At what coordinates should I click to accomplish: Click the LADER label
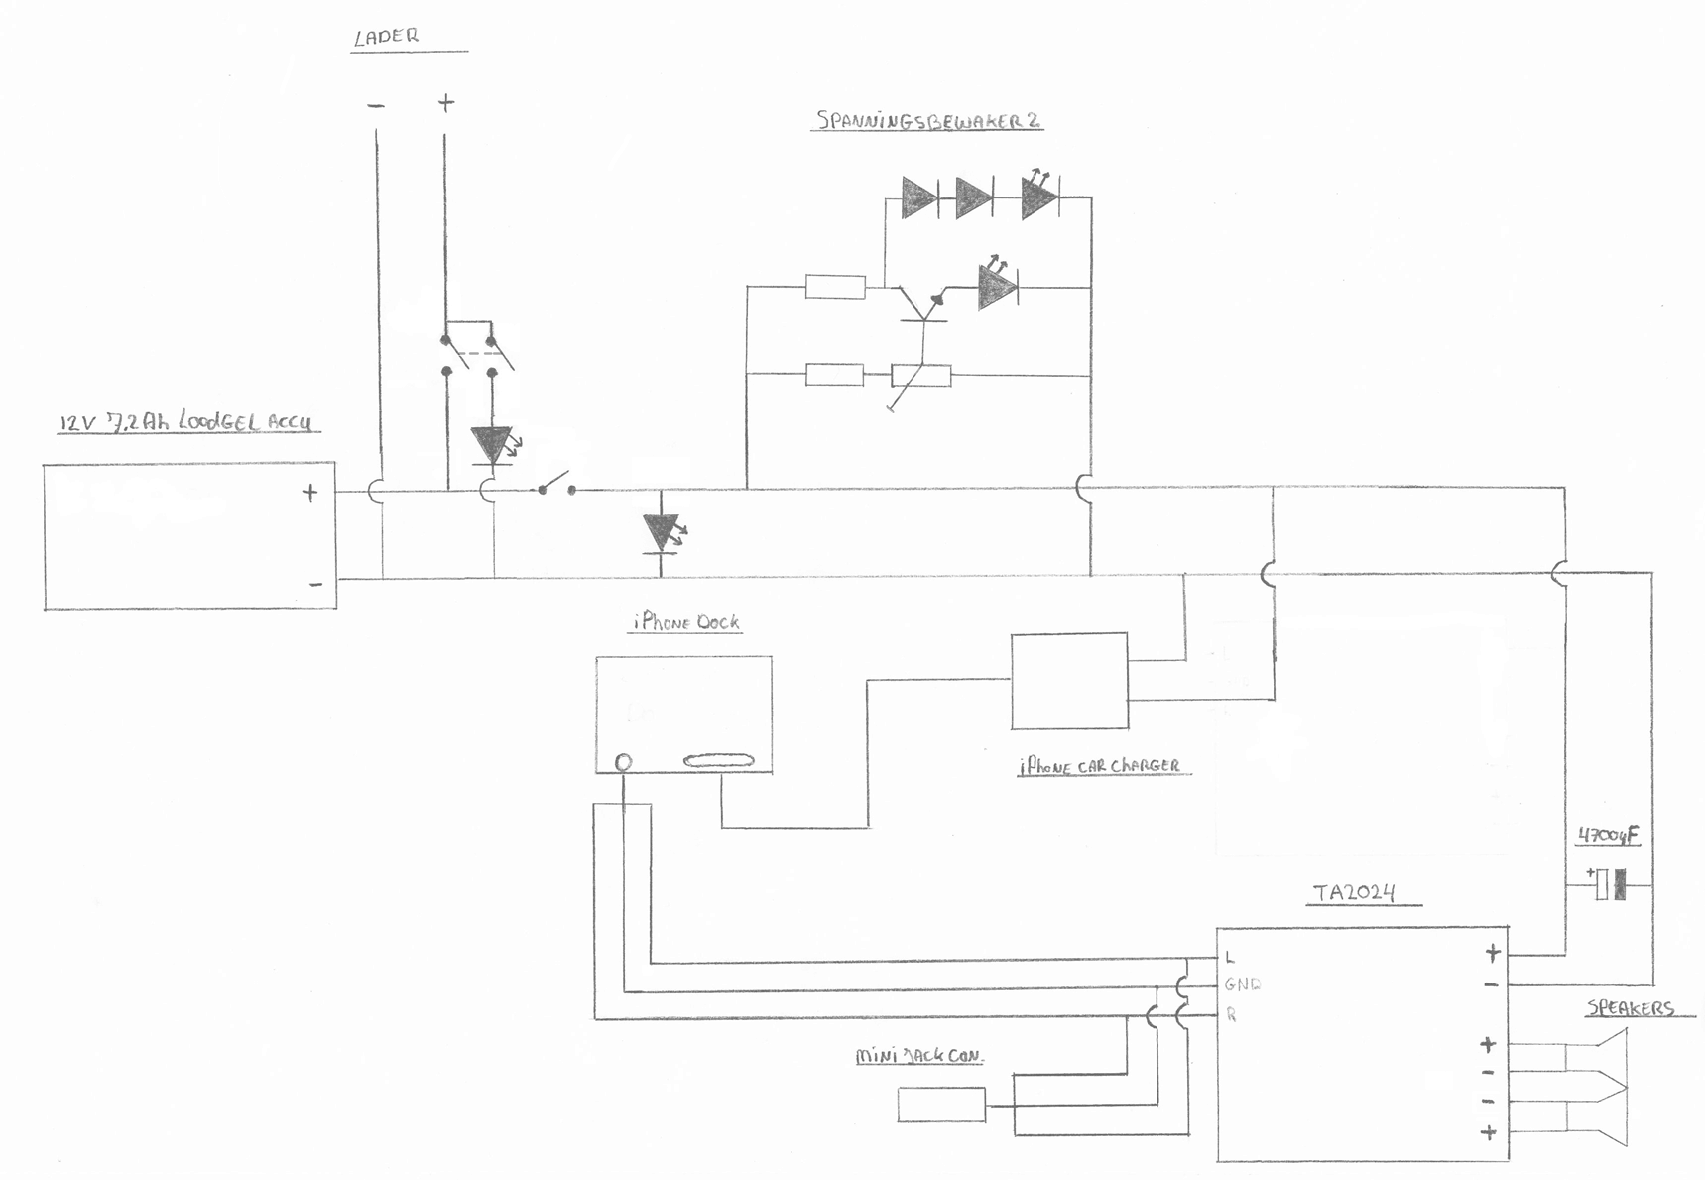pos(387,37)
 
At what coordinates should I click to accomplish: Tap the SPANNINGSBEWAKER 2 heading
pos(928,121)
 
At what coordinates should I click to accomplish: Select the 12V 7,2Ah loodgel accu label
pos(185,422)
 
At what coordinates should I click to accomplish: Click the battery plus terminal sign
pos(310,492)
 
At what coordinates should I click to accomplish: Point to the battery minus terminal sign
pos(315,584)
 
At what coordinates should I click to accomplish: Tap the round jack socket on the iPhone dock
pos(623,762)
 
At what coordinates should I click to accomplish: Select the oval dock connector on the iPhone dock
pos(719,761)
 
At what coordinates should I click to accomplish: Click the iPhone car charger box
pos(1069,682)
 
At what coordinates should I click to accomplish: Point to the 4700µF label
pos(1608,836)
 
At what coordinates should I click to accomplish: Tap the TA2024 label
pos(1355,892)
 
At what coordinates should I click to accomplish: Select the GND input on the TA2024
pos(1242,984)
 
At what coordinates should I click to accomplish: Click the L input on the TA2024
pos(1230,958)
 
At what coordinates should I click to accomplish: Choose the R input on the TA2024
pos(1231,1014)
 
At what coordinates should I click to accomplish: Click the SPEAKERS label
pos(1630,1008)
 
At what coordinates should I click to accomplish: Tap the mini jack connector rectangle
pos(941,1105)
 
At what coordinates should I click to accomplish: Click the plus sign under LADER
pos(446,102)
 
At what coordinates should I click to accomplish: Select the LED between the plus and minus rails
pos(662,533)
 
